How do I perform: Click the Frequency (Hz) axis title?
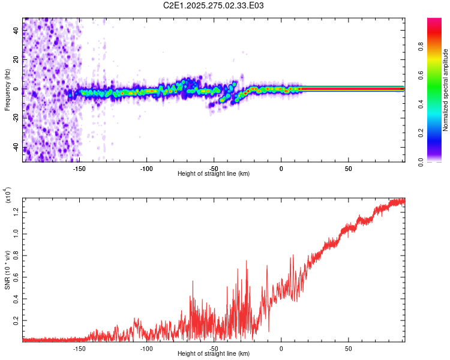point(8,90)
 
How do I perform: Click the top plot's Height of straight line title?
point(214,173)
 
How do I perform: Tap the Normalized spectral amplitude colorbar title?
point(446,90)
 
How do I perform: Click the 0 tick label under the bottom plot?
point(281,348)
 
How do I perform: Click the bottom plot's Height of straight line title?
point(214,354)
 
